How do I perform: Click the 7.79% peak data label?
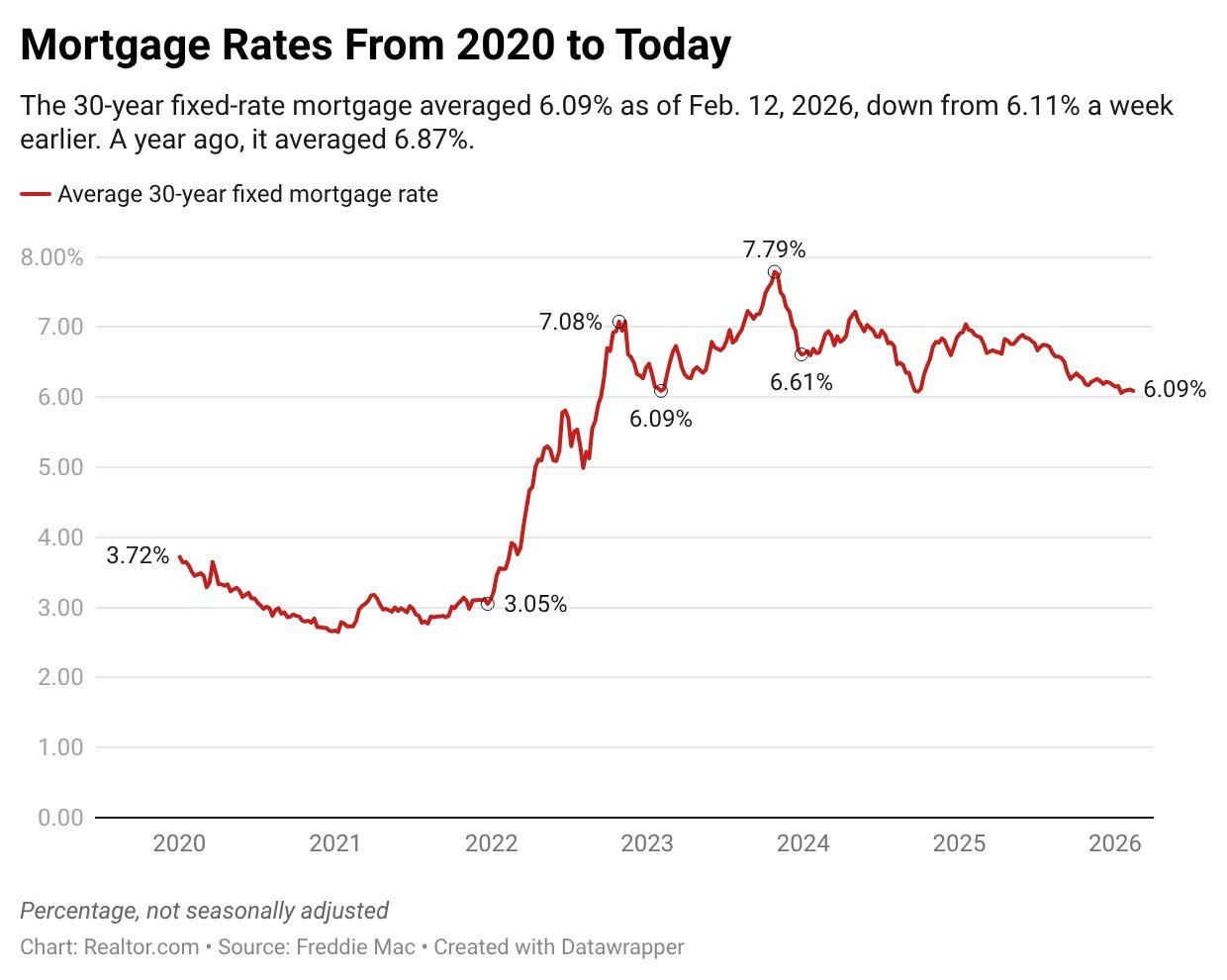pos(774,249)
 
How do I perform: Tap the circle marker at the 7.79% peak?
pos(774,272)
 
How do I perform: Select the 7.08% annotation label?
pos(570,322)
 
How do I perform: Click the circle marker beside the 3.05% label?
pos(487,604)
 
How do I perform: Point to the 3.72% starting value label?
pos(138,555)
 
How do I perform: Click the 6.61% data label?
pos(801,382)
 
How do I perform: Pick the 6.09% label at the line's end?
pos(1175,390)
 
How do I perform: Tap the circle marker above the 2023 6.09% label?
pos(660,391)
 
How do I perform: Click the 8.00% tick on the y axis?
pos(51,257)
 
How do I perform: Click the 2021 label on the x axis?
pos(334,843)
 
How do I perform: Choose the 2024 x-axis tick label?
pos(802,843)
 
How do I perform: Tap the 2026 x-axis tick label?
pos(1114,843)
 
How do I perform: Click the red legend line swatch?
pos(36,195)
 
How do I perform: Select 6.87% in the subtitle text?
pos(431,141)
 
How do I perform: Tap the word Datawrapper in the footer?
pos(621,947)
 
